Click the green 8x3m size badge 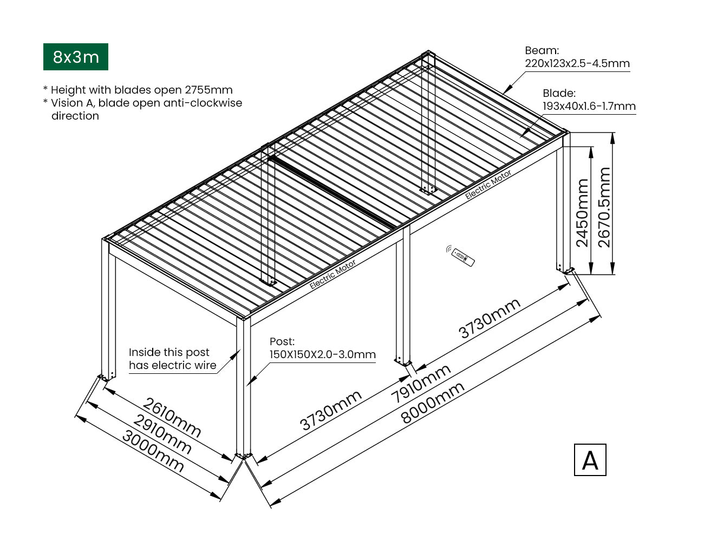click(76, 57)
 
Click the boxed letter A click(590, 460)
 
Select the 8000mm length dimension click(433, 403)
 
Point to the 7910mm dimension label click(421, 384)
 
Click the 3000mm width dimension click(153, 451)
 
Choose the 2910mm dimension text click(162, 434)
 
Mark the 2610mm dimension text click(172, 417)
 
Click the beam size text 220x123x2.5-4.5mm click(577, 63)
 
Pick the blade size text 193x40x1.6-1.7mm click(589, 106)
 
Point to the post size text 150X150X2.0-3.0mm click(322, 355)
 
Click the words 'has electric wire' click(172, 365)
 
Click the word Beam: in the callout click(542, 51)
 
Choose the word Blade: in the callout click(559, 93)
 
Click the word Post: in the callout click(282, 341)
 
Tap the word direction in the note click(75, 116)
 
